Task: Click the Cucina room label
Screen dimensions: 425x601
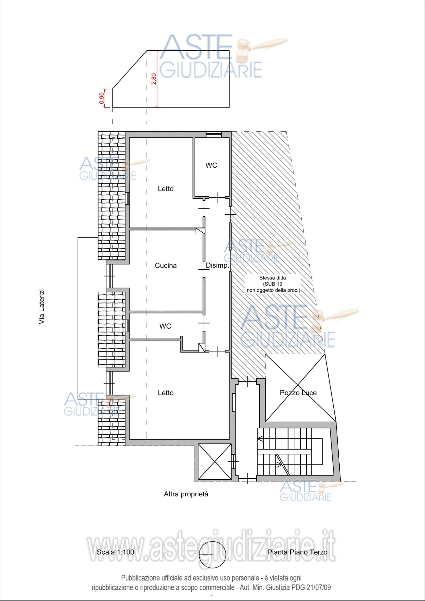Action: tap(166, 266)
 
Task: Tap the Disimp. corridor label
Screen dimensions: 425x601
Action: tap(218, 266)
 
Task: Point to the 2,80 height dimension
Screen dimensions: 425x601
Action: tap(154, 79)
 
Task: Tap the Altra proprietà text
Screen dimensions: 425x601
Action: tap(186, 494)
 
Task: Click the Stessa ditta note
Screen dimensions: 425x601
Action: tap(272, 278)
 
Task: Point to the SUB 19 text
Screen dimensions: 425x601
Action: tap(272, 284)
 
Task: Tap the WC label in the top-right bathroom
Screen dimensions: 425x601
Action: tap(211, 166)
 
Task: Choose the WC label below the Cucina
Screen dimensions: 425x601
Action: tap(165, 326)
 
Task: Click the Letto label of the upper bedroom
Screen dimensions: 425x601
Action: tap(166, 189)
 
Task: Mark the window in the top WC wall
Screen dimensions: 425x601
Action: tap(213, 134)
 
